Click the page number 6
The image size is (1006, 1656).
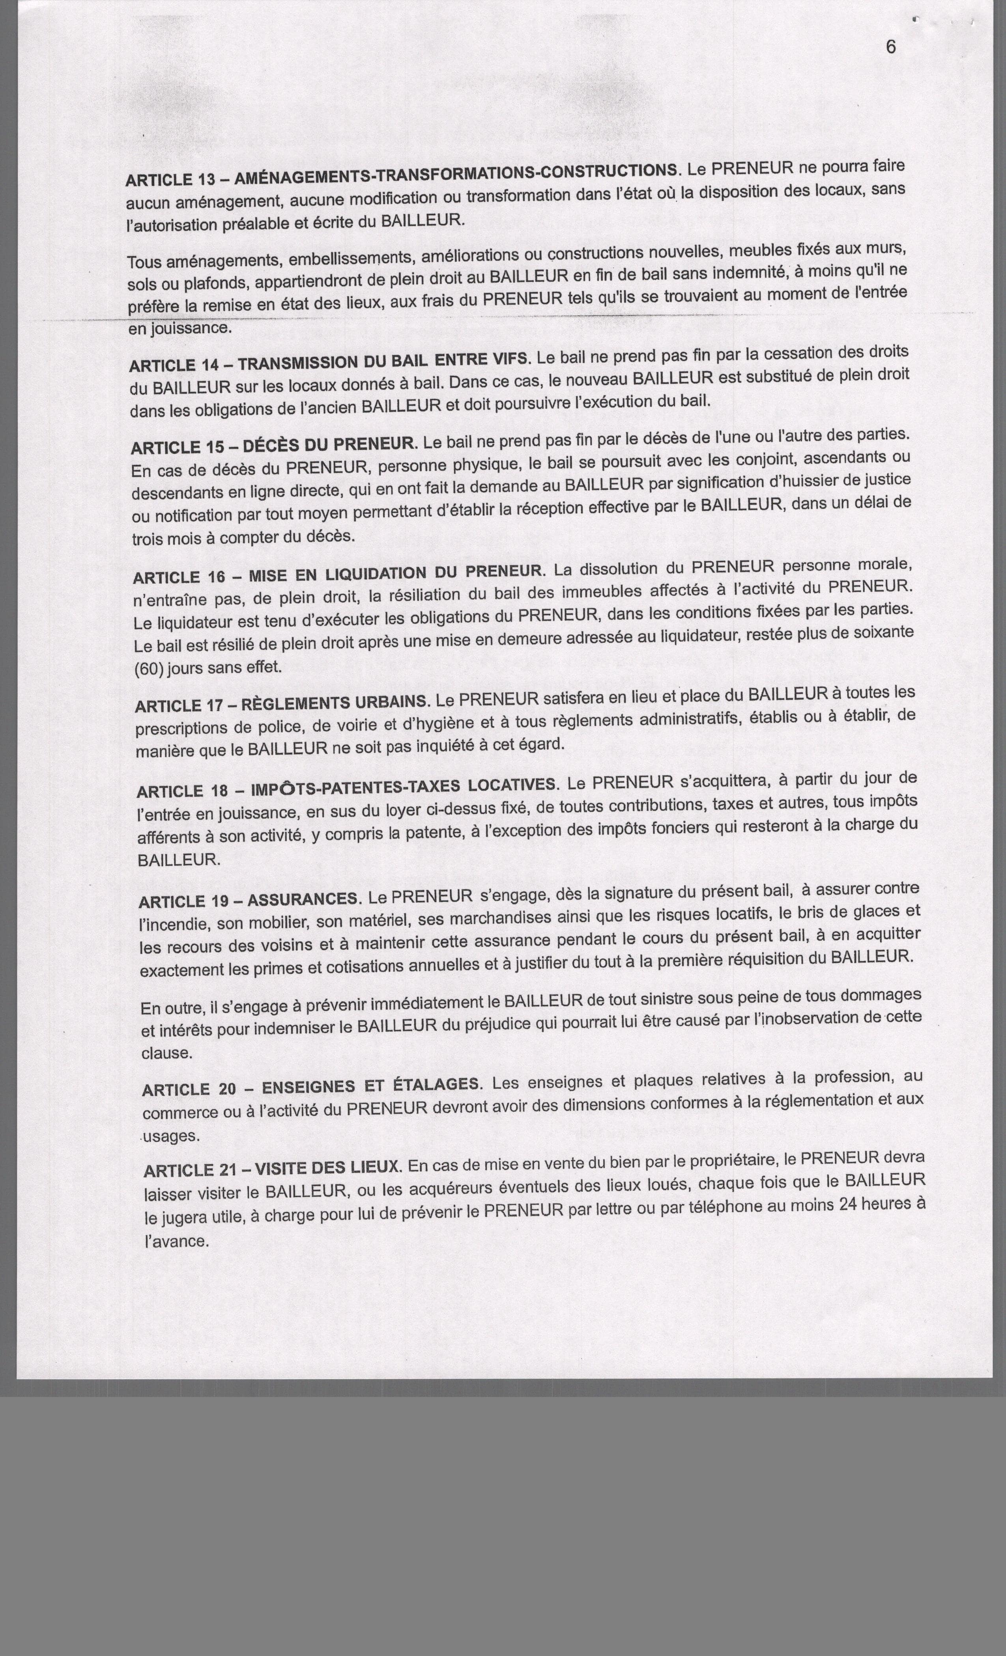(891, 47)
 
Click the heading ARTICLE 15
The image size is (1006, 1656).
(176, 447)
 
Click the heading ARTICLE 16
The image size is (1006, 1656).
(178, 576)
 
